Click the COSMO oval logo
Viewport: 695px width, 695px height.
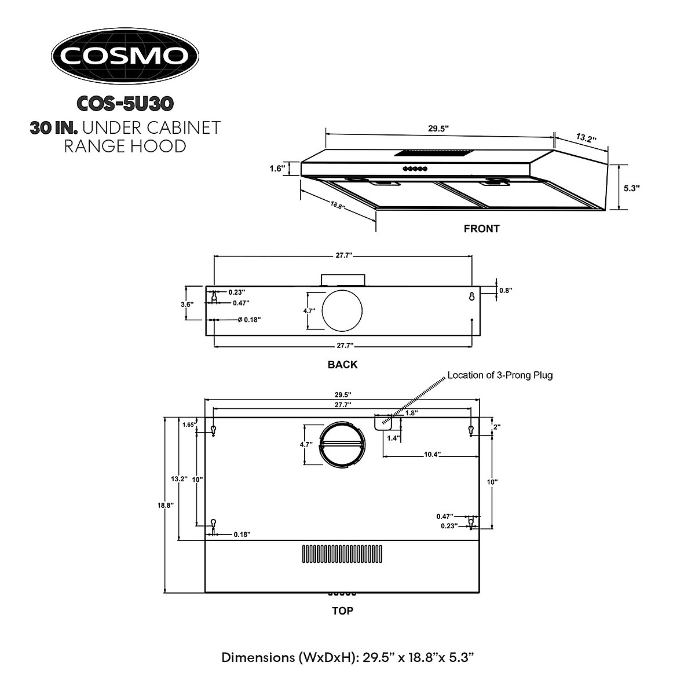click(x=125, y=56)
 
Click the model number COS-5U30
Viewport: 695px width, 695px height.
click(x=125, y=103)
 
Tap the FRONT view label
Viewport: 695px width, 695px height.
click(x=481, y=229)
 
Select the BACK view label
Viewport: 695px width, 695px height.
click(x=342, y=365)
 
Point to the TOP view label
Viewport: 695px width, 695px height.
click(x=342, y=610)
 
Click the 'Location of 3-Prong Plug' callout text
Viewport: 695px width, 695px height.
click(x=500, y=375)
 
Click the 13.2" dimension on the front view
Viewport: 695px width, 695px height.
click(x=586, y=138)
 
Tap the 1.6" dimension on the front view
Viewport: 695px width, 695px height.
click(x=276, y=169)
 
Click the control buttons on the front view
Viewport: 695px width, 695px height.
click(x=415, y=169)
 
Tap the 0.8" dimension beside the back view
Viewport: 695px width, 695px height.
click(x=506, y=291)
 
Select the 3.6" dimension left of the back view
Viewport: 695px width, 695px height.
click(x=188, y=303)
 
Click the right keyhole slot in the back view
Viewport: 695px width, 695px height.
click(x=472, y=297)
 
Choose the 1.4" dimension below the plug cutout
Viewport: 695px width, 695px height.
click(x=394, y=438)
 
